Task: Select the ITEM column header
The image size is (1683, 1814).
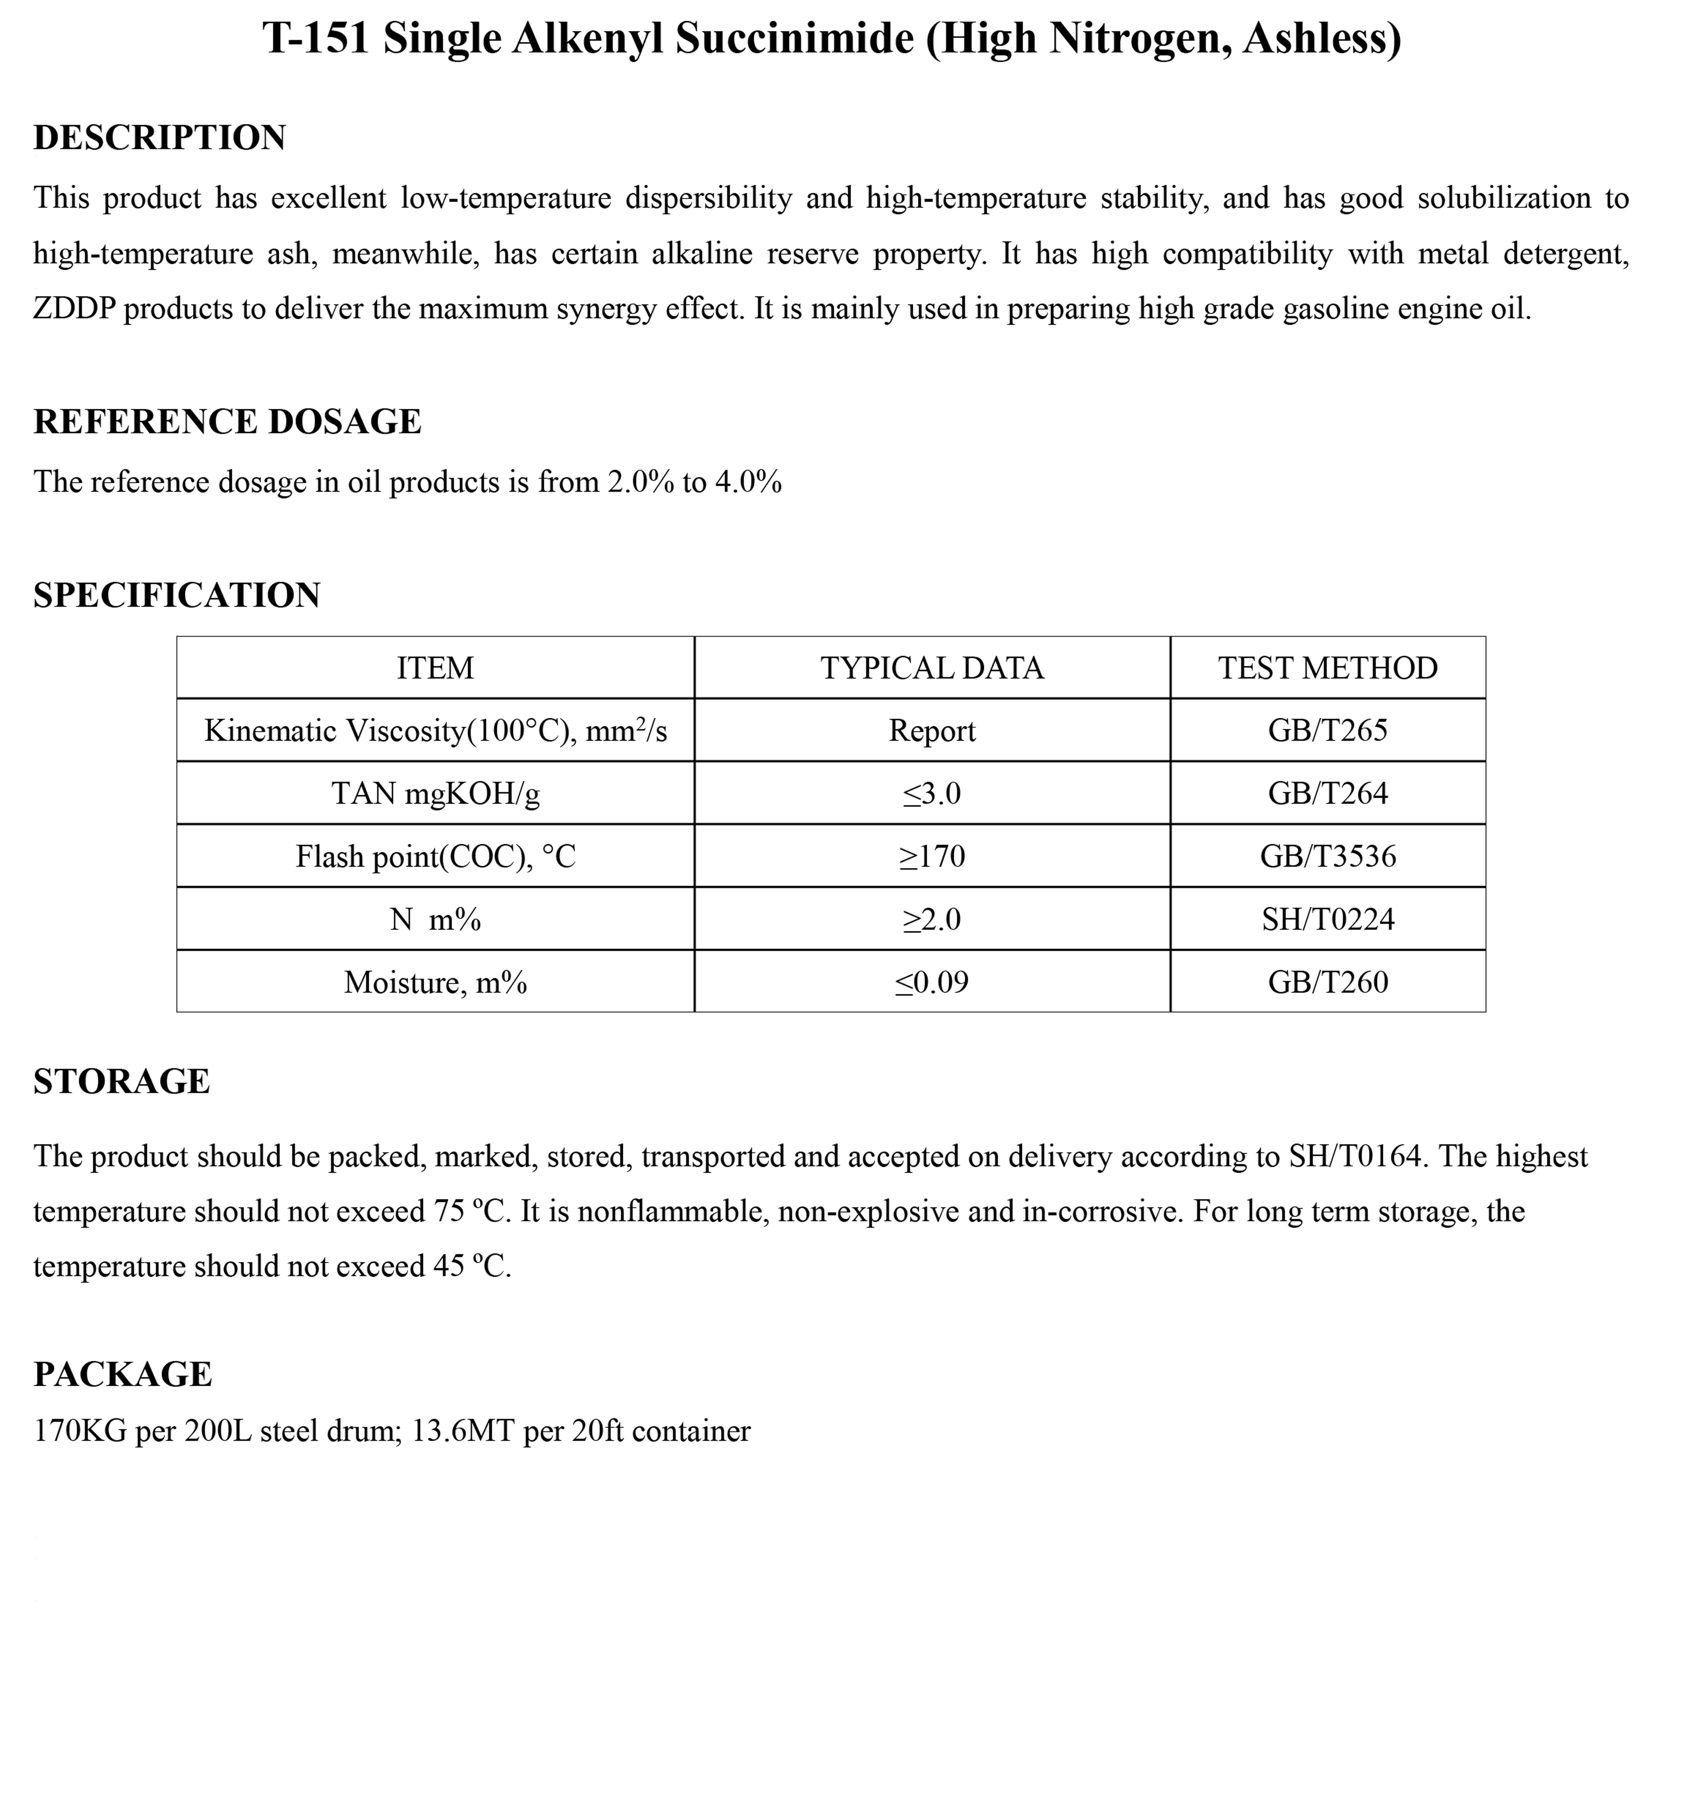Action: point(435,668)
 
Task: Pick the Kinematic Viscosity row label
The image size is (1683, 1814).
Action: point(435,730)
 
